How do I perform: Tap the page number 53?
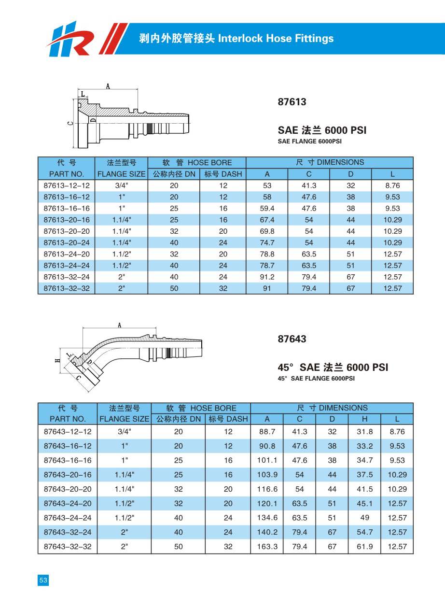43,581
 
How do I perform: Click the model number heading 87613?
292,102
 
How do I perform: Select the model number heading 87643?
292,339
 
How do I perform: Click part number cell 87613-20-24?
67,243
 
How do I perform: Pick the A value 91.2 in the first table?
267,277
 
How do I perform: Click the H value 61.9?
364,547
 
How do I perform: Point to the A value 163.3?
267,547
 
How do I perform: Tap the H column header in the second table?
364,419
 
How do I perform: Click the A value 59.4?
267,209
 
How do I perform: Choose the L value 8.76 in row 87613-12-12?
392,185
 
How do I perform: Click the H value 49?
364,518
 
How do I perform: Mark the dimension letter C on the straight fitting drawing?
70,123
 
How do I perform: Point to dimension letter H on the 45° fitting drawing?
57,360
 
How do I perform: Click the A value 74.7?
267,243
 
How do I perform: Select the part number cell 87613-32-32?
67,289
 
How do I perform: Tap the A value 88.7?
267,432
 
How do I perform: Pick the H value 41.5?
364,489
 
